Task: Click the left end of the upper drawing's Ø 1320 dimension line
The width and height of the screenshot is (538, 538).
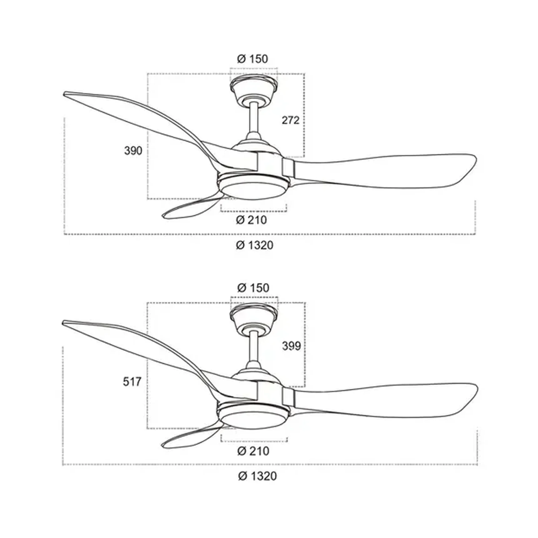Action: [64, 234]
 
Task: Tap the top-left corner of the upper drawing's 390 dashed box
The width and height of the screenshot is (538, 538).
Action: [148, 74]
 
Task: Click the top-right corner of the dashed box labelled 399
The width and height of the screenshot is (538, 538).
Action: [305, 302]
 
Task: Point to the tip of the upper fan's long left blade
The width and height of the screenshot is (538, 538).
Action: [64, 94]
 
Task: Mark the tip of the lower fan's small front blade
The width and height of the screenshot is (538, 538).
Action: [162, 446]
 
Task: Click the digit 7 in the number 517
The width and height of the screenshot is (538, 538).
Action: [138, 382]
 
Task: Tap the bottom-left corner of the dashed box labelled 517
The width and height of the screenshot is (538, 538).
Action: [147, 429]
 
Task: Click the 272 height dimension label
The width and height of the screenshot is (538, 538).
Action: [291, 120]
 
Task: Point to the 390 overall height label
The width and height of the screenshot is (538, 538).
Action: [133, 151]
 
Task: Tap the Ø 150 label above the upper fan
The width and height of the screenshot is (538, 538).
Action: [252, 59]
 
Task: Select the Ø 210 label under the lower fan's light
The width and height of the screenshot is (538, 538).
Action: [253, 451]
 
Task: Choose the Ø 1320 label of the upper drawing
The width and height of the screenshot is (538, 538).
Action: [255, 245]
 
